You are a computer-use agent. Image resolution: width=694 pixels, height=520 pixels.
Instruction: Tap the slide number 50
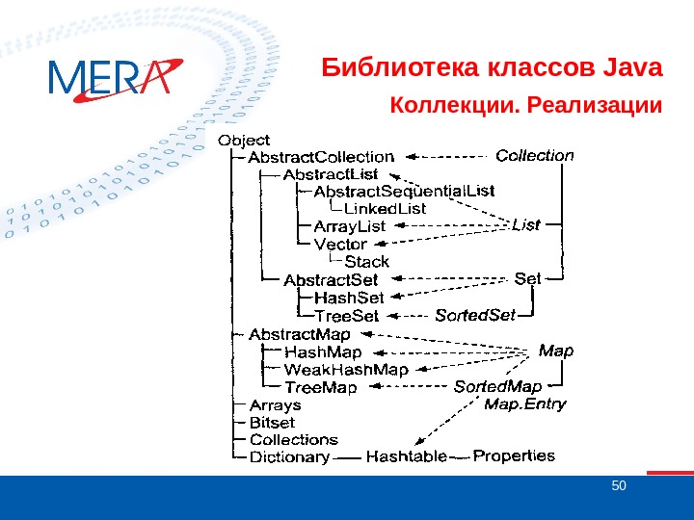coord(619,484)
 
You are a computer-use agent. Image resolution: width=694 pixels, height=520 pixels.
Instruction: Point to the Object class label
coord(245,141)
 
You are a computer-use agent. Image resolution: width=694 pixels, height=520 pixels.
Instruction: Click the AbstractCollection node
coord(321,157)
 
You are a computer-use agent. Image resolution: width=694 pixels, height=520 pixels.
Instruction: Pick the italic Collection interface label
coord(534,155)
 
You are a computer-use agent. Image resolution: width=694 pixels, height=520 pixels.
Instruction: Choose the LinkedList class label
coord(385,208)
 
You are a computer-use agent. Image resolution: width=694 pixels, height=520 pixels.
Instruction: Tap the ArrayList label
coord(350,226)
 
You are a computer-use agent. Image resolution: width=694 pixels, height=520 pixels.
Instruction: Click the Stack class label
coord(367,261)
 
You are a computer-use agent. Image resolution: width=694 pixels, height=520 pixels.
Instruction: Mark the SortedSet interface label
coord(475,315)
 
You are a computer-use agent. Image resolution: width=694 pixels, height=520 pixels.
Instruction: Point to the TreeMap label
coord(321,387)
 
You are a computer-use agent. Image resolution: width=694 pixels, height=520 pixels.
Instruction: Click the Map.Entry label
coord(524,403)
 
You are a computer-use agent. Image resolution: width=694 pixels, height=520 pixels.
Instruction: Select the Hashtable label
coord(407,456)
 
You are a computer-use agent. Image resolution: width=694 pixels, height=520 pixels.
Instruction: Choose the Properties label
coord(514,455)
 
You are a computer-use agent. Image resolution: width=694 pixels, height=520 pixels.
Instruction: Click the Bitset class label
coord(272,422)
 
